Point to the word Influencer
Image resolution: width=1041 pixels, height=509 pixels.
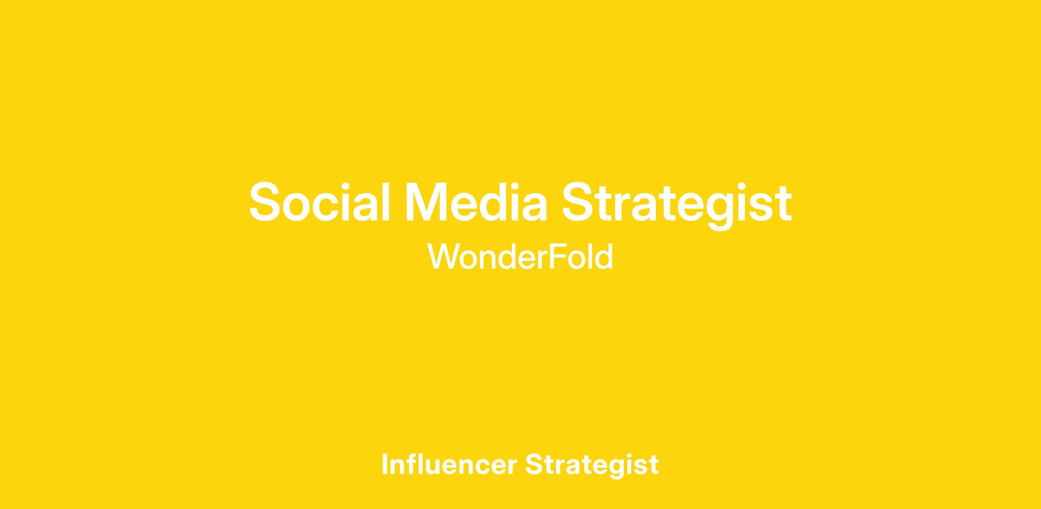(x=449, y=464)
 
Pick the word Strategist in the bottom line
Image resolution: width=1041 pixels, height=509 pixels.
(x=592, y=466)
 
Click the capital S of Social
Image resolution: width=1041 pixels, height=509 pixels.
(x=265, y=202)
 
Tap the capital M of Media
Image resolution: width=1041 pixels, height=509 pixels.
(x=424, y=202)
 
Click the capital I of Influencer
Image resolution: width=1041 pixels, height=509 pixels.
(x=385, y=464)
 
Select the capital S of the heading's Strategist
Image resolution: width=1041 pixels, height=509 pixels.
(x=578, y=202)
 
